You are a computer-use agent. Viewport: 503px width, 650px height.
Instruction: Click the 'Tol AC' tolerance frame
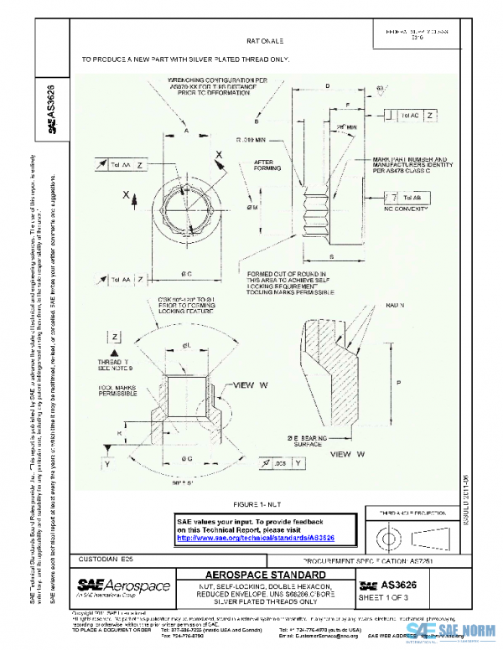click(417, 115)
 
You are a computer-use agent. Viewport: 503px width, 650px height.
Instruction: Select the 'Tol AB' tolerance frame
click(406, 196)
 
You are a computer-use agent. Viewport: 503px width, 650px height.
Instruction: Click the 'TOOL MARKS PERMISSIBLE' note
click(116, 394)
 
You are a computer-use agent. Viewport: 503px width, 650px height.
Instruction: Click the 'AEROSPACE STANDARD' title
click(266, 575)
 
